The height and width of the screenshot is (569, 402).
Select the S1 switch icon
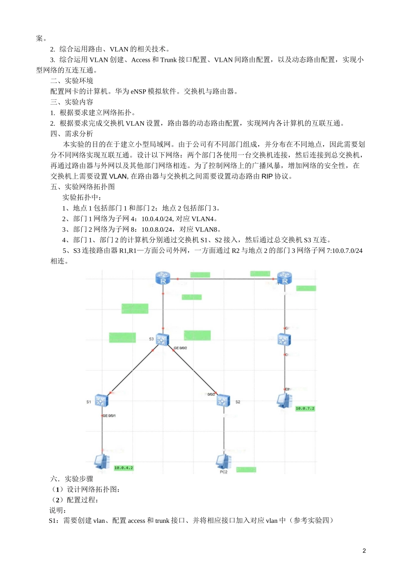(102, 400)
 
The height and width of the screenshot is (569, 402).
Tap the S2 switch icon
(223, 400)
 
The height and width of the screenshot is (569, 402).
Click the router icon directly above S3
(163, 278)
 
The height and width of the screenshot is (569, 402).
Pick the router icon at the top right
(285, 278)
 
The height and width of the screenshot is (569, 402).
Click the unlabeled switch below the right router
(284, 340)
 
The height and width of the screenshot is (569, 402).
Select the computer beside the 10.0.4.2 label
(102, 461)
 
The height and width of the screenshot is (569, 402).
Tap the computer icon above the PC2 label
(223, 461)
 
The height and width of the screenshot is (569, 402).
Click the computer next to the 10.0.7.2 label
(284, 401)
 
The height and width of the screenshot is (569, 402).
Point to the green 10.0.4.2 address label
(124, 468)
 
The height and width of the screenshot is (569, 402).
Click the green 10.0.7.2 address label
(305, 409)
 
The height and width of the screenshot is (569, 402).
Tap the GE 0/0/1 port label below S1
(109, 416)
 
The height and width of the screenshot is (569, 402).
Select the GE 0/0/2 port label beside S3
(180, 348)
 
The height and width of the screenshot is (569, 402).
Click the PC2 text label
(223, 472)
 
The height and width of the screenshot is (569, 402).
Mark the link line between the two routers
(224, 279)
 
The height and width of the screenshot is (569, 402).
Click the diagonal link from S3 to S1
(132, 371)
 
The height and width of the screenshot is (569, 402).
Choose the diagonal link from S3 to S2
(193, 370)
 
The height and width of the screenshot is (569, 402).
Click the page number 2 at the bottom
(364, 551)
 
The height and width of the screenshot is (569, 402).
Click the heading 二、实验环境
(72, 80)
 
